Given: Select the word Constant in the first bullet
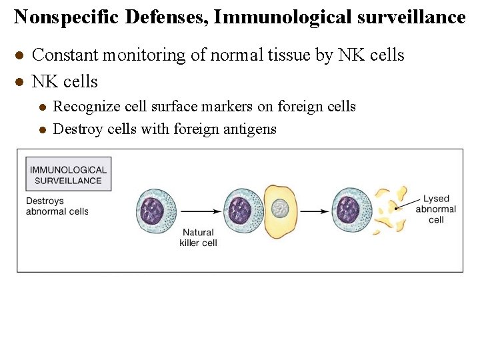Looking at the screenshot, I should coord(64,55).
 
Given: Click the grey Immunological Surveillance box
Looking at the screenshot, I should coord(68,174).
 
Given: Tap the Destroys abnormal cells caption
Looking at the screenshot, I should coord(57,206).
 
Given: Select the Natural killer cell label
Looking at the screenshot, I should coord(198,237).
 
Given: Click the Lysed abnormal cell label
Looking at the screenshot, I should coord(436,209).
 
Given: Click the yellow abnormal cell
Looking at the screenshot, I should coord(281,211).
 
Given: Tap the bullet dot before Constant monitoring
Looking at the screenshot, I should coord(20,55).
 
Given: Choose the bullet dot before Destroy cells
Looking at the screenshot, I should coord(41,129).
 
